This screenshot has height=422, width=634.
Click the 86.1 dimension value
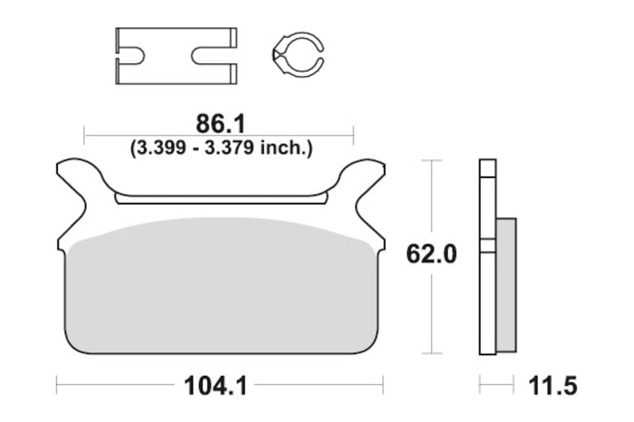tap(220, 124)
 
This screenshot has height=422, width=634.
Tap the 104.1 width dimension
tap(215, 386)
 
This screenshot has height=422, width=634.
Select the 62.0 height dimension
tap(431, 254)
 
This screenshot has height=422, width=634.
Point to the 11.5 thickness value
tap(552, 386)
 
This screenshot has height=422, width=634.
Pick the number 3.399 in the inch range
tap(162, 148)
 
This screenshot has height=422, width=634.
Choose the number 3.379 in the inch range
tap(229, 148)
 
